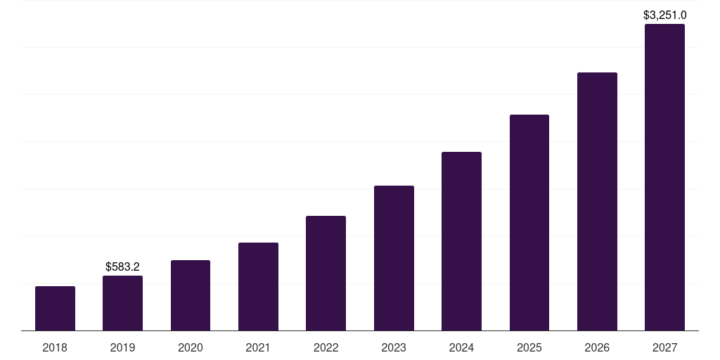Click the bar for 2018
click(55, 308)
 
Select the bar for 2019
click(122, 303)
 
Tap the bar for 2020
click(191, 295)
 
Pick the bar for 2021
click(258, 286)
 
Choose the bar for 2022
click(326, 273)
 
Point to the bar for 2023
click(394, 258)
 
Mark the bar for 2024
click(461, 241)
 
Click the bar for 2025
click(529, 222)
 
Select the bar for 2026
click(597, 201)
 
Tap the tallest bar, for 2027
click(664, 177)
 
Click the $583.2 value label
click(122, 266)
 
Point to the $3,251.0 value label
click(664, 15)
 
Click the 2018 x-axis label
click(55, 347)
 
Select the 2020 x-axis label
click(191, 347)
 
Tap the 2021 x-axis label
click(258, 347)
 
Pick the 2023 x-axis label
click(394, 347)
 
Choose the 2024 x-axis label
click(461, 347)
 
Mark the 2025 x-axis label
click(529, 347)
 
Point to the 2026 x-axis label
click(597, 347)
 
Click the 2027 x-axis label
click(664, 347)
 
